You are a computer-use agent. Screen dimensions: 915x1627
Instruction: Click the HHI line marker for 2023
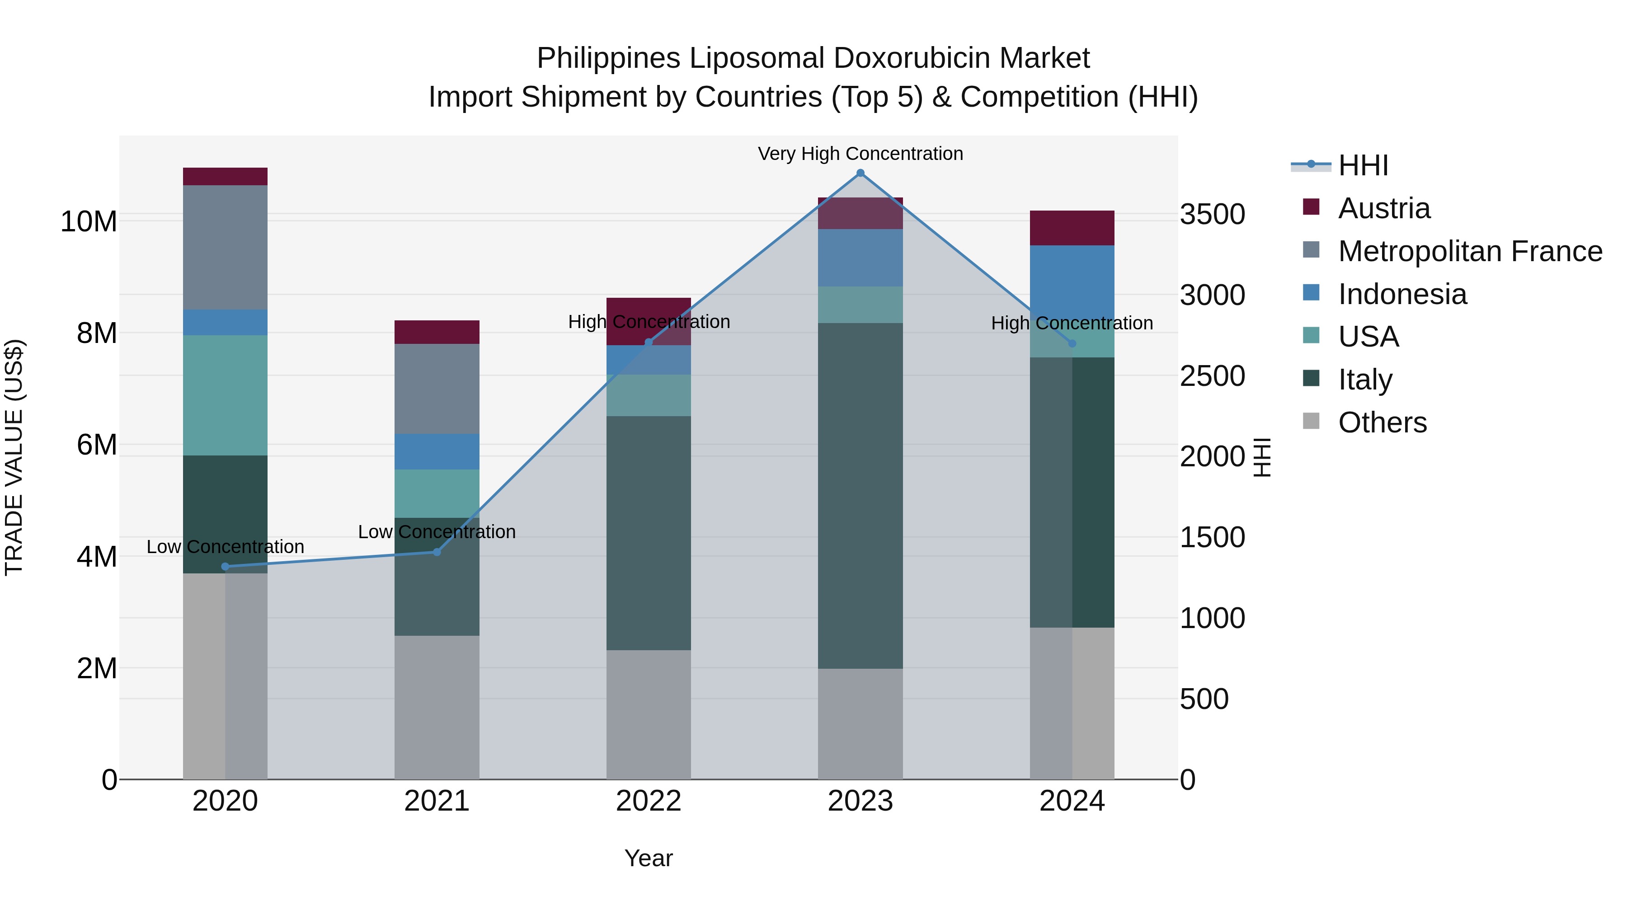(x=860, y=173)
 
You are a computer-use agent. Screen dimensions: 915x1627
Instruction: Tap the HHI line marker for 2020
(x=226, y=567)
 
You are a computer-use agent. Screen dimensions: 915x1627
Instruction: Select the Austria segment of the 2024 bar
(x=1072, y=228)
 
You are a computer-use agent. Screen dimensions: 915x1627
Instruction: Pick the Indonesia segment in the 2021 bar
(x=437, y=451)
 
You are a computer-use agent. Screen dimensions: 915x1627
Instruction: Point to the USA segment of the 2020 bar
(x=226, y=395)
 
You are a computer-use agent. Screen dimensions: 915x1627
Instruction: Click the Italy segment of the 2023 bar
(x=860, y=496)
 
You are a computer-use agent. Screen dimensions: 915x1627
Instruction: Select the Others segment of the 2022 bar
(x=649, y=714)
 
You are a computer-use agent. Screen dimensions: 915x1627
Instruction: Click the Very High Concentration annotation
(x=860, y=154)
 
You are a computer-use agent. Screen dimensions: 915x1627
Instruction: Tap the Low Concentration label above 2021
(x=437, y=532)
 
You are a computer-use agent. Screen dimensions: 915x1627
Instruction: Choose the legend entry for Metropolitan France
(x=1469, y=251)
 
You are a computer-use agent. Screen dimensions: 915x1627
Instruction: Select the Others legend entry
(x=1382, y=422)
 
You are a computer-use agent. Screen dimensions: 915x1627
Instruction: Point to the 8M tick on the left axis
(x=97, y=333)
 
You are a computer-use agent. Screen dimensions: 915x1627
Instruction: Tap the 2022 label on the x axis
(x=649, y=801)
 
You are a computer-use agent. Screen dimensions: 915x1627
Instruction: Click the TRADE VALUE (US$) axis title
(x=14, y=457)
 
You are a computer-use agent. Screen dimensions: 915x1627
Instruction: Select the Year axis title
(x=649, y=858)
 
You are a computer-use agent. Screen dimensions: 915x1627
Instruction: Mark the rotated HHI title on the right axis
(x=1261, y=457)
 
